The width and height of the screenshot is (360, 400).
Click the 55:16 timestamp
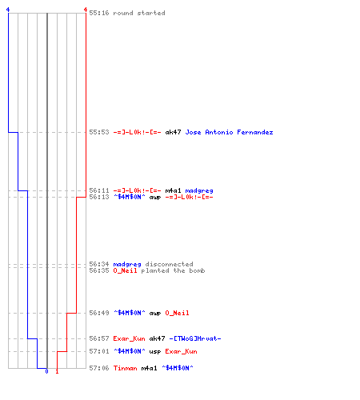click(99, 13)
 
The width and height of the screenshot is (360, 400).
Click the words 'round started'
click(139, 13)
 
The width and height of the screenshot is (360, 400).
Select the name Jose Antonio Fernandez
click(229, 132)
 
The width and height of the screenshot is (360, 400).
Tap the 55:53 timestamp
click(99, 132)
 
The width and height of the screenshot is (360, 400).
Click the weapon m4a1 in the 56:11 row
click(173, 190)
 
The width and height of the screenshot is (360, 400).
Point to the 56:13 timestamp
click(99, 197)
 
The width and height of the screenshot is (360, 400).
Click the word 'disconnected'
click(169, 264)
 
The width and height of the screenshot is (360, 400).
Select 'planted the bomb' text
click(173, 270)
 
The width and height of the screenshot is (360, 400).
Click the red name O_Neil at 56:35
click(125, 270)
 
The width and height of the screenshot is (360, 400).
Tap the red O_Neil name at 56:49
click(177, 313)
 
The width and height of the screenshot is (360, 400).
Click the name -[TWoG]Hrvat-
click(195, 338)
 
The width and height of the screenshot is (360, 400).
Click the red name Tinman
click(125, 368)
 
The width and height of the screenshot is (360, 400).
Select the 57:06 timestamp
click(99, 368)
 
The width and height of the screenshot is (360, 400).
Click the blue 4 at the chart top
click(8, 10)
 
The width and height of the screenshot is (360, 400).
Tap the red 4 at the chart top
click(86, 10)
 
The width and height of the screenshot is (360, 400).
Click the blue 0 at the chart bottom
click(46, 371)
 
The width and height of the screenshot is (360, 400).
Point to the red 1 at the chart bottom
click(57, 371)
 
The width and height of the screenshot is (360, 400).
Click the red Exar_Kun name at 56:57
click(129, 338)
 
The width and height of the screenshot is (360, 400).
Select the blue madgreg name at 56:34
click(127, 264)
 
